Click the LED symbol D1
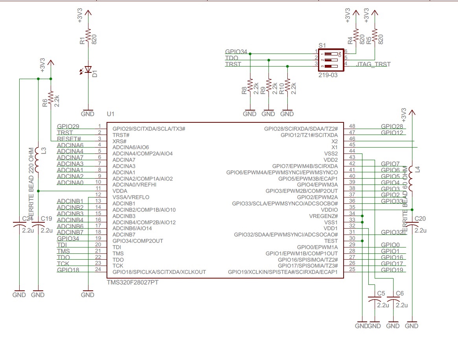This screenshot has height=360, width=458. point(88,70)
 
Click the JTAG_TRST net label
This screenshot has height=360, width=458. point(373,64)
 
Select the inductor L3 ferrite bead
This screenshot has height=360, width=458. point(38,160)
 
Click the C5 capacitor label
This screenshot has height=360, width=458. point(381,293)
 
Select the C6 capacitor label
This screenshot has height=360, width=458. point(400,293)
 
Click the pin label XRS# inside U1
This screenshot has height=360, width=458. point(120,141)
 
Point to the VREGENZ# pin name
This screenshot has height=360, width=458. point(324,216)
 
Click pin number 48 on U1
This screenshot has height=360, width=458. point(352,126)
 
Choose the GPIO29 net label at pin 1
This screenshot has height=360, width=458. point(68,126)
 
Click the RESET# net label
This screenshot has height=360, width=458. point(69,139)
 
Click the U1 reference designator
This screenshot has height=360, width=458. point(110,114)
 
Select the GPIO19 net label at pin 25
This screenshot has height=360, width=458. point(392,270)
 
